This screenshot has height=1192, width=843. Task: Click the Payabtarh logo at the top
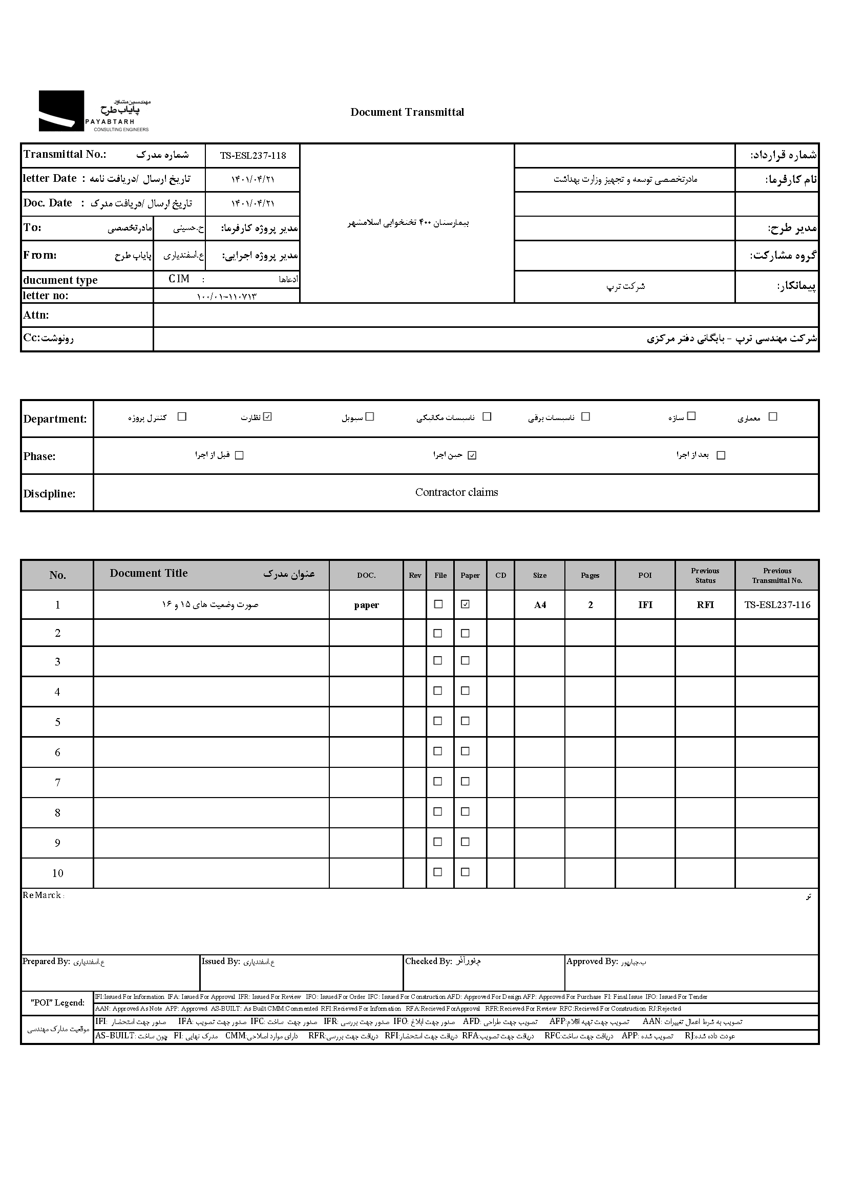pyautogui.click(x=94, y=111)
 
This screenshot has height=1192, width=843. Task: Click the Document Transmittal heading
pyautogui.click(x=407, y=112)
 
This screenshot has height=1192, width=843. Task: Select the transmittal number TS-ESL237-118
pyautogui.click(x=253, y=156)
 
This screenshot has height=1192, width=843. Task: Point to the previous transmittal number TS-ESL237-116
pyautogui.click(x=777, y=605)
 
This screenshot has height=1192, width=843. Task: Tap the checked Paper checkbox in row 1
pyautogui.click(x=466, y=604)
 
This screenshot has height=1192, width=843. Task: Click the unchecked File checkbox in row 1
pyautogui.click(x=438, y=604)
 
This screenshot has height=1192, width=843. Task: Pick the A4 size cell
pyautogui.click(x=540, y=605)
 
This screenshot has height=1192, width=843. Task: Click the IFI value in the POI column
pyautogui.click(x=645, y=605)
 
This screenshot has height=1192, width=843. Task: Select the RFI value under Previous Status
pyautogui.click(x=705, y=605)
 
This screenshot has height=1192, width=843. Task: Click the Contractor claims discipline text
pyautogui.click(x=456, y=492)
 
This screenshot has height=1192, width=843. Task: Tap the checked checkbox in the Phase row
pyautogui.click(x=472, y=455)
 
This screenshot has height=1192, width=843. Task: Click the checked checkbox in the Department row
pyautogui.click(x=267, y=416)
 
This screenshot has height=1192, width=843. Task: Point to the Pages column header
pyautogui.click(x=590, y=575)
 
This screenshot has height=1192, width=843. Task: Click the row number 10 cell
pyautogui.click(x=58, y=873)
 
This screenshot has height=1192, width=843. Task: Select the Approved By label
pyautogui.click(x=592, y=961)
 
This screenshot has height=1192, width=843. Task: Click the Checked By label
pyautogui.click(x=428, y=961)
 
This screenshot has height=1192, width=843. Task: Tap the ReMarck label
pyautogui.click(x=42, y=895)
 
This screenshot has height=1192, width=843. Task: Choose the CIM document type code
pyautogui.click(x=179, y=279)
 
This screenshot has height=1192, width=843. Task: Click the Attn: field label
pyautogui.click(x=36, y=315)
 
